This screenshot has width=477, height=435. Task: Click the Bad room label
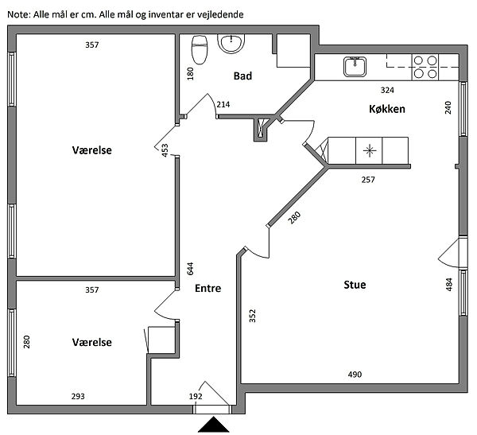tap(242, 76)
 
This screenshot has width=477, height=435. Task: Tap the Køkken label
tap(387, 108)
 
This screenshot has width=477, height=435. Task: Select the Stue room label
tap(355, 285)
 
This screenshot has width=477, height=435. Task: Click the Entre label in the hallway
tap(207, 289)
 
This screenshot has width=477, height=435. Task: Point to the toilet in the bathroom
tap(200, 49)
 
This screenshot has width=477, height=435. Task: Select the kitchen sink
tap(354, 68)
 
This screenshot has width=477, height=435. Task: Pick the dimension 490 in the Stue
tap(355, 375)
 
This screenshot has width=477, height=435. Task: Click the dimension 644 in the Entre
tap(191, 268)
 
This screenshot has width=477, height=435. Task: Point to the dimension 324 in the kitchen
tap(387, 90)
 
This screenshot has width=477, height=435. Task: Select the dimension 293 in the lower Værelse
tap(77, 395)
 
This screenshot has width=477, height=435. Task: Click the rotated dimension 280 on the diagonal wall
tap(295, 217)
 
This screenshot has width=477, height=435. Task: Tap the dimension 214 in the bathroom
tap(223, 105)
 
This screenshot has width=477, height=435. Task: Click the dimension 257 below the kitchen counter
tap(368, 180)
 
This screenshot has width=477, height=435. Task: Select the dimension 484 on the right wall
tap(449, 284)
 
